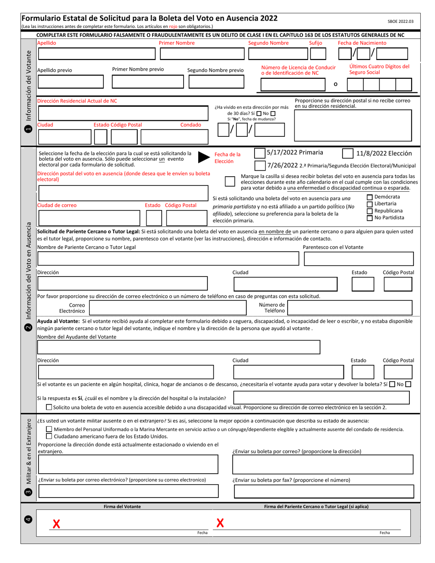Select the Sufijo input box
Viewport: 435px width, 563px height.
coord(318,54)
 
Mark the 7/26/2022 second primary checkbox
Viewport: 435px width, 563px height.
coord(259,165)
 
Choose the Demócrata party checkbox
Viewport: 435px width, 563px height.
coord(370,197)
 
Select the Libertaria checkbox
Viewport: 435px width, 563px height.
coord(370,204)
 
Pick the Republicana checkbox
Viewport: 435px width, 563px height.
coord(370,211)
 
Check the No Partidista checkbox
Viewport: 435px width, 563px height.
coord(370,218)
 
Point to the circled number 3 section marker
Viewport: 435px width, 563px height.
coord(28,492)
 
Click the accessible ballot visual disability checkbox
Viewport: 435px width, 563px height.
coord(49,407)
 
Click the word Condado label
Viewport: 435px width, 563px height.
coord(190,125)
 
